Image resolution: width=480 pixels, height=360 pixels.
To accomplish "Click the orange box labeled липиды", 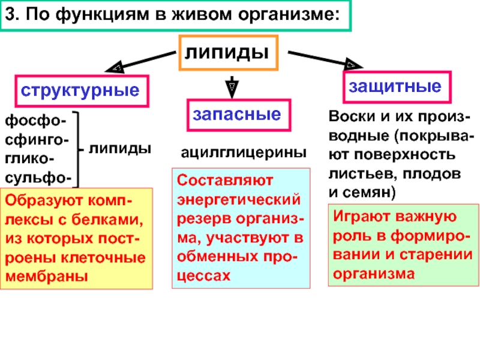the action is pos(227,53).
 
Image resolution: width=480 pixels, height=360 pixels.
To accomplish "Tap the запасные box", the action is pos(236,115).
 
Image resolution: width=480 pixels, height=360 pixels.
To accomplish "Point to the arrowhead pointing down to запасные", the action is pos(231,88).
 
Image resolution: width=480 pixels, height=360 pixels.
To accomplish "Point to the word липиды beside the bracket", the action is pos(120,148).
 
